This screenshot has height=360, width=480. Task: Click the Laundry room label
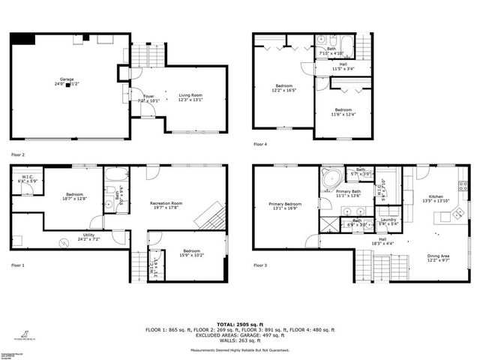point(388,221)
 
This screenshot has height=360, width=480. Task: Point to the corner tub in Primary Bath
point(330,180)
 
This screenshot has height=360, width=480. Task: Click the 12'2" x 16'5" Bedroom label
point(283,88)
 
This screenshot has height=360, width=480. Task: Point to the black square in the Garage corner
point(22,39)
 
